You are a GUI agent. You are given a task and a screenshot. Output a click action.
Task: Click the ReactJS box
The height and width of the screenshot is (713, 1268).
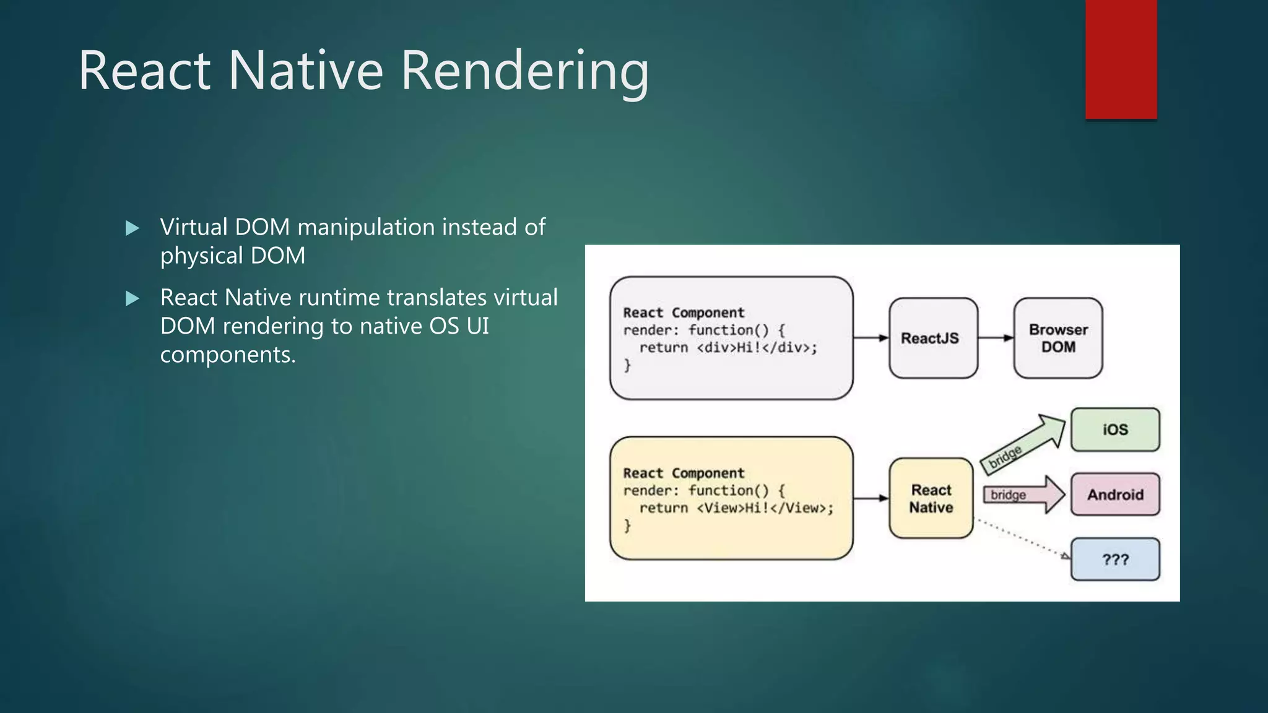click(x=933, y=338)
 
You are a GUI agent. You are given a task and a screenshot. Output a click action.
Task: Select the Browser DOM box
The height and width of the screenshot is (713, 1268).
click(x=1057, y=338)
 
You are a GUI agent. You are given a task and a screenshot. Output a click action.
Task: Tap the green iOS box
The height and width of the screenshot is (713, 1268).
click(x=1114, y=430)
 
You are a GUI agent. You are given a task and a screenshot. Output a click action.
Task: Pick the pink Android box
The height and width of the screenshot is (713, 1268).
click(x=1114, y=495)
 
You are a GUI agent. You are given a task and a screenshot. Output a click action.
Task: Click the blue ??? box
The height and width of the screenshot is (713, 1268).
click(x=1114, y=560)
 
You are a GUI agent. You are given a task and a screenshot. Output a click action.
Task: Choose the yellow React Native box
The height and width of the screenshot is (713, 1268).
click(x=931, y=498)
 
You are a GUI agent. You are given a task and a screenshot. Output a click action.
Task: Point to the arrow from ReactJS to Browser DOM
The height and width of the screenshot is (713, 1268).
click(x=996, y=338)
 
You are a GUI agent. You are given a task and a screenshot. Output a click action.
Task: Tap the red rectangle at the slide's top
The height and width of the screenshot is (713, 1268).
click(x=1121, y=59)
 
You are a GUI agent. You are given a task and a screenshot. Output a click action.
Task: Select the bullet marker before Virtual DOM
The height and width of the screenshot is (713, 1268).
click(x=132, y=228)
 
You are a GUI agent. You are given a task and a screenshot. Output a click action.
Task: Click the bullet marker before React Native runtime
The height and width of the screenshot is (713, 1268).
click(x=132, y=299)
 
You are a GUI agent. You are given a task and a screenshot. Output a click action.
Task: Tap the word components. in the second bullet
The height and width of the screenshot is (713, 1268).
click(x=228, y=355)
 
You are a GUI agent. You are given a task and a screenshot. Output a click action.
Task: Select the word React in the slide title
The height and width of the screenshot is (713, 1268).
click(x=145, y=71)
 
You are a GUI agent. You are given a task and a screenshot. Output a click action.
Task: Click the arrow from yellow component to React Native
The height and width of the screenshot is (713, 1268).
click(x=871, y=498)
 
